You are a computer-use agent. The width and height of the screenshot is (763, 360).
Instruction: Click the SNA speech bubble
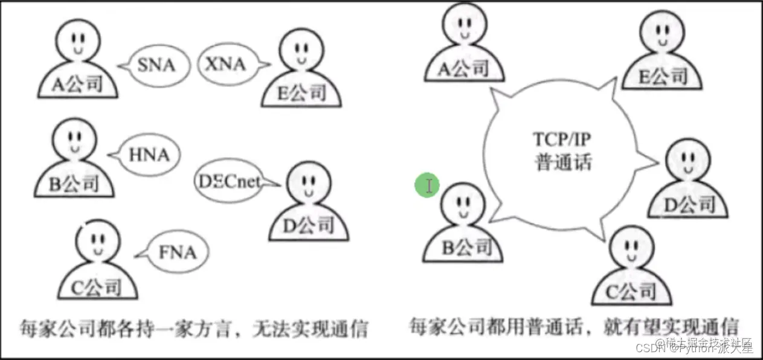[156, 64]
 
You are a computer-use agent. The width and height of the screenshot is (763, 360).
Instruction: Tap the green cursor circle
[427, 185]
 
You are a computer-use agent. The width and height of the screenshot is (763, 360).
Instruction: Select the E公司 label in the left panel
[300, 94]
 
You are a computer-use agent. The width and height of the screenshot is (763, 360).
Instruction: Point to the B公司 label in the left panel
[73, 183]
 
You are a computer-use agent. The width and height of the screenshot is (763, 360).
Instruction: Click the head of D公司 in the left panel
[305, 185]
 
